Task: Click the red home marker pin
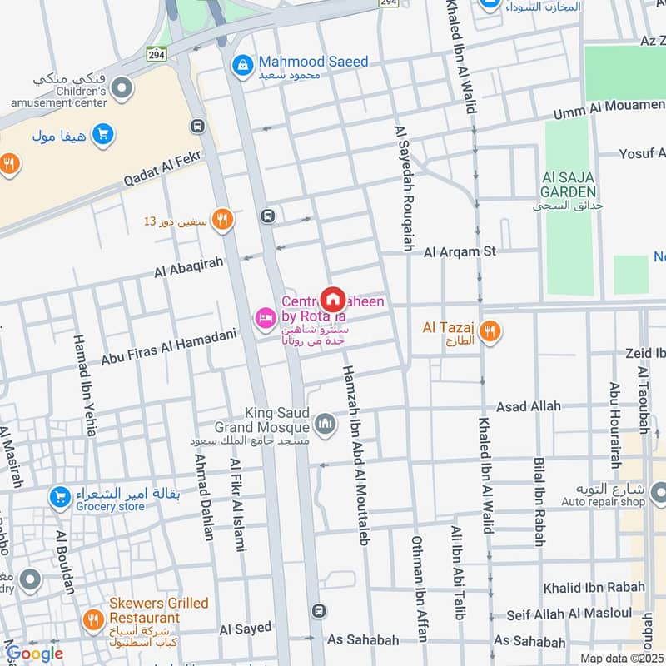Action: click(x=333, y=299)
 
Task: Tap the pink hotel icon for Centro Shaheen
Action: click(x=266, y=318)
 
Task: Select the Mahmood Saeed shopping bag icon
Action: click(x=242, y=63)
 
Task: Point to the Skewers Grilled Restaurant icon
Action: click(x=92, y=619)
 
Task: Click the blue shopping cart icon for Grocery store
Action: click(x=59, y=498)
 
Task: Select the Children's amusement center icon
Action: click(x=122, y=87)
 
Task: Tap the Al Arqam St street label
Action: click(x=460, y=251)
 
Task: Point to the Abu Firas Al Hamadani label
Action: click(x=169, y=346)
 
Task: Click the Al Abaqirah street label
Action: click(x=189, y=266)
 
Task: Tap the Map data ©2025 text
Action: click(x=620, y=659)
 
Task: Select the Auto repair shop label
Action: click(x=614, y=502)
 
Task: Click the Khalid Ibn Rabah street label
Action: click(x=594, y=587)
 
